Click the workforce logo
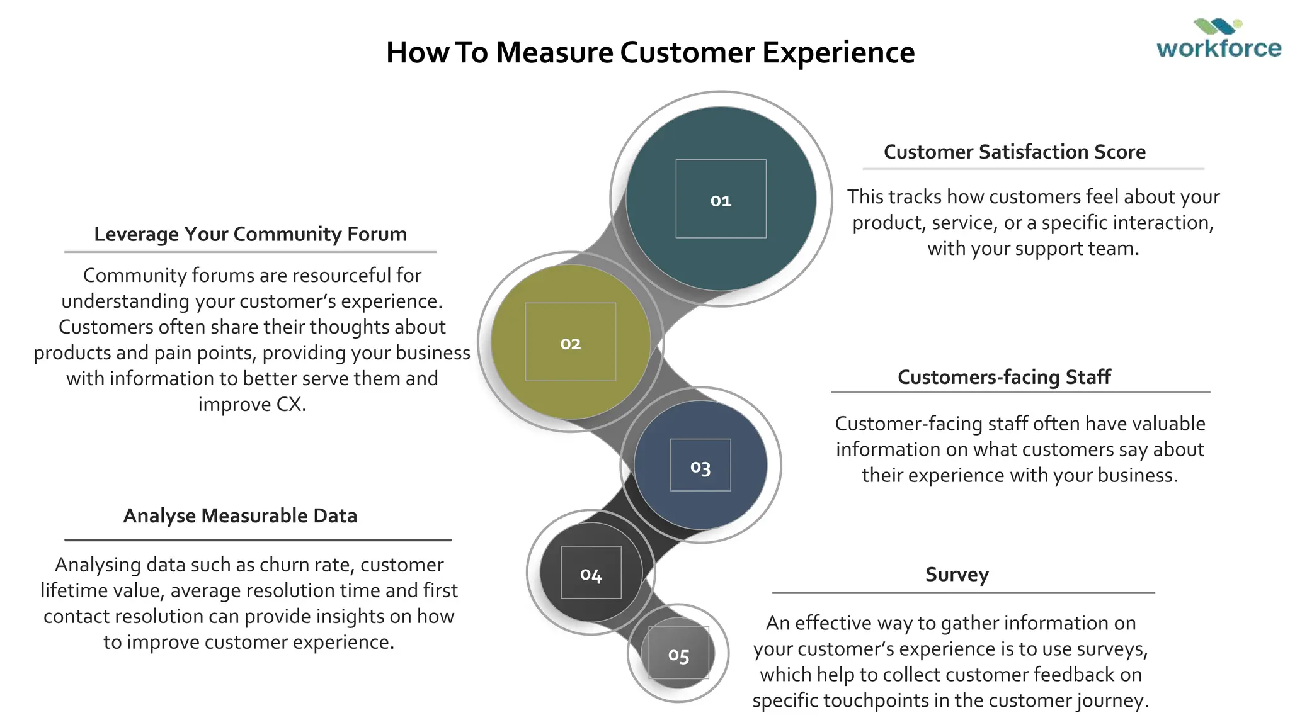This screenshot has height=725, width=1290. [1218, 40]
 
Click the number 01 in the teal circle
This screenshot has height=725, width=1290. [721, 201]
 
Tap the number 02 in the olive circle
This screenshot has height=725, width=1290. [570, 344]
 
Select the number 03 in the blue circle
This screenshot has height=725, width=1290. [700, 467]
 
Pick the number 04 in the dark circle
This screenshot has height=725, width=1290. [591, 574]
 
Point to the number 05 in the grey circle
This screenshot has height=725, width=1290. [678, 655]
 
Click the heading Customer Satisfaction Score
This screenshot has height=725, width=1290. [1014, 152]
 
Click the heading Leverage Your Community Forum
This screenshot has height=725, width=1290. [250, 234]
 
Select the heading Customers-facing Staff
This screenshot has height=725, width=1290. [1004, 377]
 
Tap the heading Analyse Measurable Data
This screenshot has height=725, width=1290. [240, 516]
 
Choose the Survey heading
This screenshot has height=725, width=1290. [957, 575]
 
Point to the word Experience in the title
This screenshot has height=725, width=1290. [838, 52]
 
